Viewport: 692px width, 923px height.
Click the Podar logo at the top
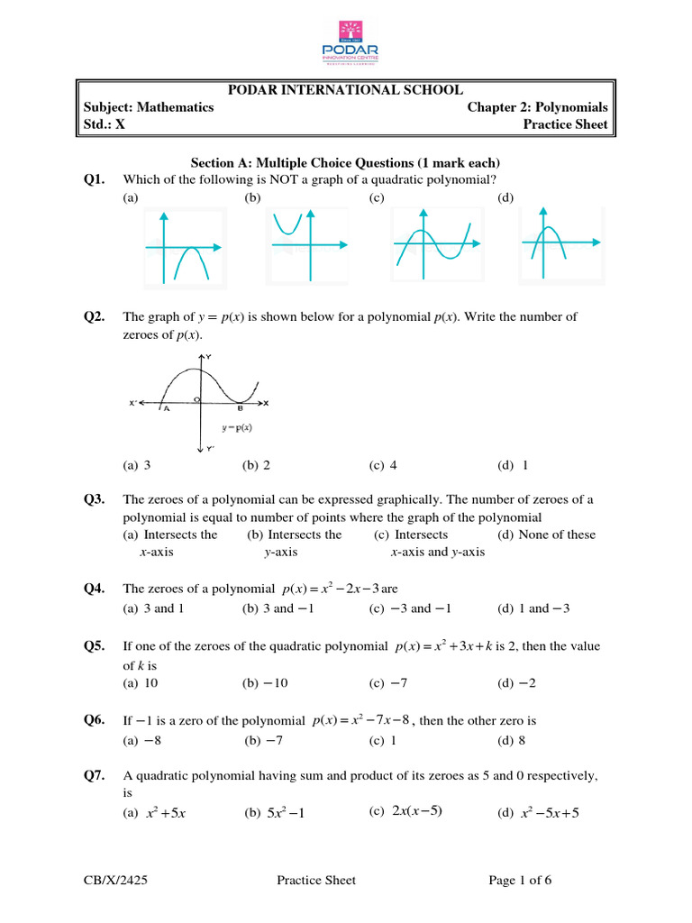[346, 40]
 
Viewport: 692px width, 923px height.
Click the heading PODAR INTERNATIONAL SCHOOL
[345, 89]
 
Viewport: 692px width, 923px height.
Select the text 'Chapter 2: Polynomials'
[537, 107]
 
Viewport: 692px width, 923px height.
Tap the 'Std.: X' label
[104, 124]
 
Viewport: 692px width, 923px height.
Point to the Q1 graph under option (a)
[183, 246]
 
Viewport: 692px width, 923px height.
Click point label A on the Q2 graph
[166, 408]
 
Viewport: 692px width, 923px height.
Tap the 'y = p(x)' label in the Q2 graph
[237, 426]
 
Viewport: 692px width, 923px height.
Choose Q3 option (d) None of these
[546, 535]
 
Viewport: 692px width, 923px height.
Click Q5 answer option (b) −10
[265, 683]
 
